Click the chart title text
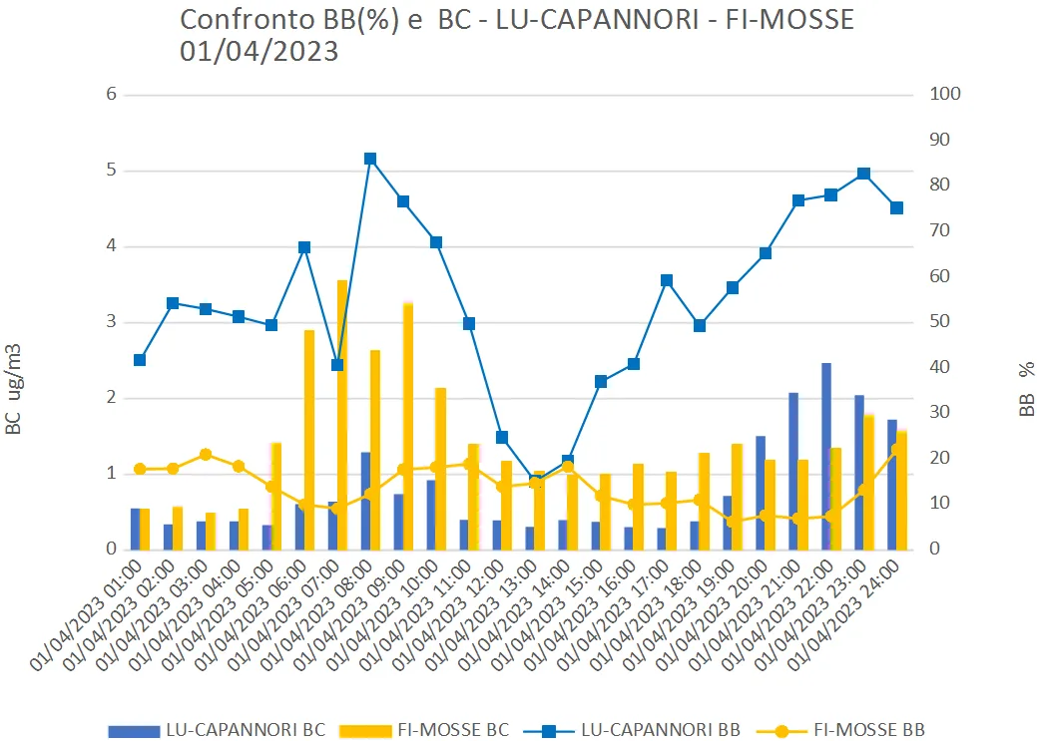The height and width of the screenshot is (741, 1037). [517, 35]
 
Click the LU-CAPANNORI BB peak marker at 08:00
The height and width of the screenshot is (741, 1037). [370, 159]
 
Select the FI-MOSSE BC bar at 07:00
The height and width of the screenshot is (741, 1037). [342, 414]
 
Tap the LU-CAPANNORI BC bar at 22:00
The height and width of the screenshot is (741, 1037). [826, 456]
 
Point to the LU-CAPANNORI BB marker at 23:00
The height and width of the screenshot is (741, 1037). [863, 174]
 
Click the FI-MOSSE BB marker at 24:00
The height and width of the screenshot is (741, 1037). [896, 449]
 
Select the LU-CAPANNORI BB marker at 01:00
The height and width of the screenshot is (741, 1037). [140, 360]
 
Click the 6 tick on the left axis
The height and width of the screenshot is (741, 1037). [112, 95]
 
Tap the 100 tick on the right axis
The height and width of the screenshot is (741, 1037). [946, 95]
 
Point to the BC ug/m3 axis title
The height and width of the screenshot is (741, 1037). [14, 389]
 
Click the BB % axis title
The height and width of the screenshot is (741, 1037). [1027, 389]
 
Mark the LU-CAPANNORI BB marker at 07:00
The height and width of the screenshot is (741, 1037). [337, 365]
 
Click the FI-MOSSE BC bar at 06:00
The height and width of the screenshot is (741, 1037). [309, 439]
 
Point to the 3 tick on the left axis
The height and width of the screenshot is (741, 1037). [112, 322]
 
